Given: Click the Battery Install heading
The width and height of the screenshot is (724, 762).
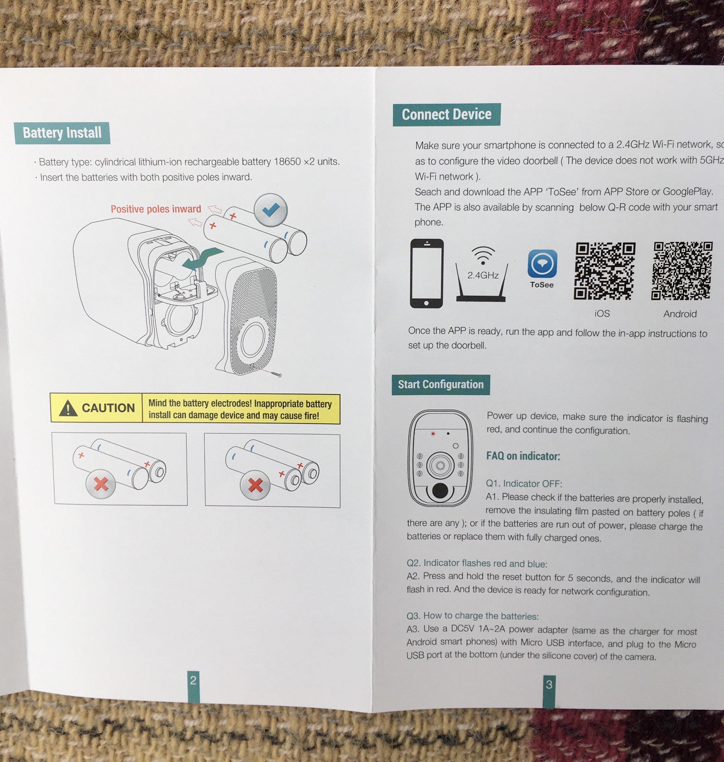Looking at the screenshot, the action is (62, 133).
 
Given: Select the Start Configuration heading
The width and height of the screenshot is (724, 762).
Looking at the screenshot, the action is (441, 384).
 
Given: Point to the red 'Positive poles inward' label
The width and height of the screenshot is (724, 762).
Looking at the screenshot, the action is (156, 209).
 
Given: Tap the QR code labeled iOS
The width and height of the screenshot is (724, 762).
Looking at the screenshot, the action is (604, 271).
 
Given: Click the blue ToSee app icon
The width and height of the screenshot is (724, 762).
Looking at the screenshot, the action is (542, 264).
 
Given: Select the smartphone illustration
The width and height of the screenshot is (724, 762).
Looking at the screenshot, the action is (426, 273).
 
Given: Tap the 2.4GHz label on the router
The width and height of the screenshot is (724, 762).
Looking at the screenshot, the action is (483, 275).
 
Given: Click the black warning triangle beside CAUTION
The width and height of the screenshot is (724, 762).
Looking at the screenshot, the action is (68, 408).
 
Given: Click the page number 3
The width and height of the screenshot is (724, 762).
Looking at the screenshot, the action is (549, 684).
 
